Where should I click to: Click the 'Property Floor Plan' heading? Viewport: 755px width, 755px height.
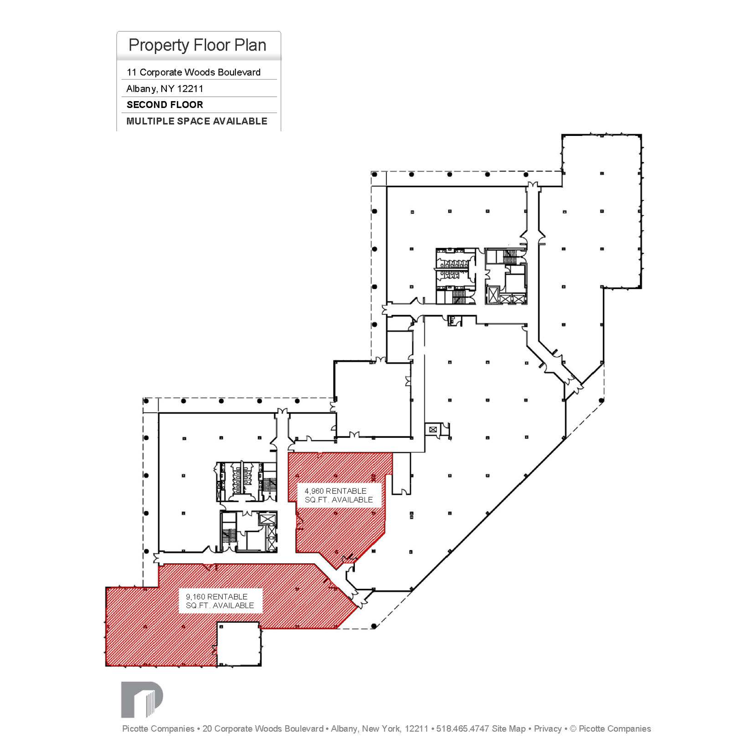click(197, 45)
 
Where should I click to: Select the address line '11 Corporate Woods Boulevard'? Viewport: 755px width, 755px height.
click(193, 72)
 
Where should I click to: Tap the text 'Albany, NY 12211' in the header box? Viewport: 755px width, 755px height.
click(165, 89)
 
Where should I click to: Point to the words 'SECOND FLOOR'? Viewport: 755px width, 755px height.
click(165, 105)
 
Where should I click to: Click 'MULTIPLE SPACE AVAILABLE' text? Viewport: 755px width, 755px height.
click(197, 121)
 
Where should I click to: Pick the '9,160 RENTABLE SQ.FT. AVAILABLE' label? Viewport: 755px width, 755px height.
click(220, 601)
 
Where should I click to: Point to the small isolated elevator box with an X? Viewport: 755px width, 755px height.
click(432, 430)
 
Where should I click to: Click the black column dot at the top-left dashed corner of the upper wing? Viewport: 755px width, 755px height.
click(374, 174)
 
